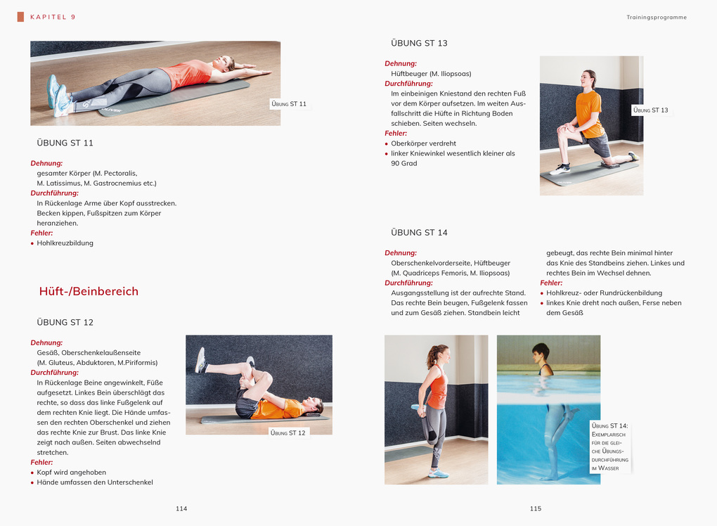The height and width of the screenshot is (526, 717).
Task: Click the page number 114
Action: point(181,508)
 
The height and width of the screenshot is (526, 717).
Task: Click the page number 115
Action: point(536,508)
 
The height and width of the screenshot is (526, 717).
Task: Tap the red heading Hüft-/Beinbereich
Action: point(89,291)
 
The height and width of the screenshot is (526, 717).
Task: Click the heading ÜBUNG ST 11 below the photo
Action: point(65,143)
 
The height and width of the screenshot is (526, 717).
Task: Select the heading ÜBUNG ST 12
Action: point(65,322)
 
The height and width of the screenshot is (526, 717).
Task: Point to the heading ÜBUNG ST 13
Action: point(419,43)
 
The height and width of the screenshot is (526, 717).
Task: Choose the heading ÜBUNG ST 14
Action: point(419,232)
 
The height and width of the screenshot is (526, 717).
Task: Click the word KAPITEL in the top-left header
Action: point(47,17)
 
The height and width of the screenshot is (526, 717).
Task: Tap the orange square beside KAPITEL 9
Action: point(20,17)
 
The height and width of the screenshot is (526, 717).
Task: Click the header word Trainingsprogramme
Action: point(657,17)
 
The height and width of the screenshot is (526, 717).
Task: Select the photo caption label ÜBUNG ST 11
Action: point(289,104)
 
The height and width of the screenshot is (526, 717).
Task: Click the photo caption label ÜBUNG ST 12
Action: point(288,432)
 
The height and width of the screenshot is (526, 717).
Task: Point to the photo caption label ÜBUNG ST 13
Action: point(651,110)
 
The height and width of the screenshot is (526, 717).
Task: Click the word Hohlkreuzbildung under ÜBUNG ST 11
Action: point(65,243)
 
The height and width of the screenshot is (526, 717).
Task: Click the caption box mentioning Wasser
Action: point(609,447)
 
